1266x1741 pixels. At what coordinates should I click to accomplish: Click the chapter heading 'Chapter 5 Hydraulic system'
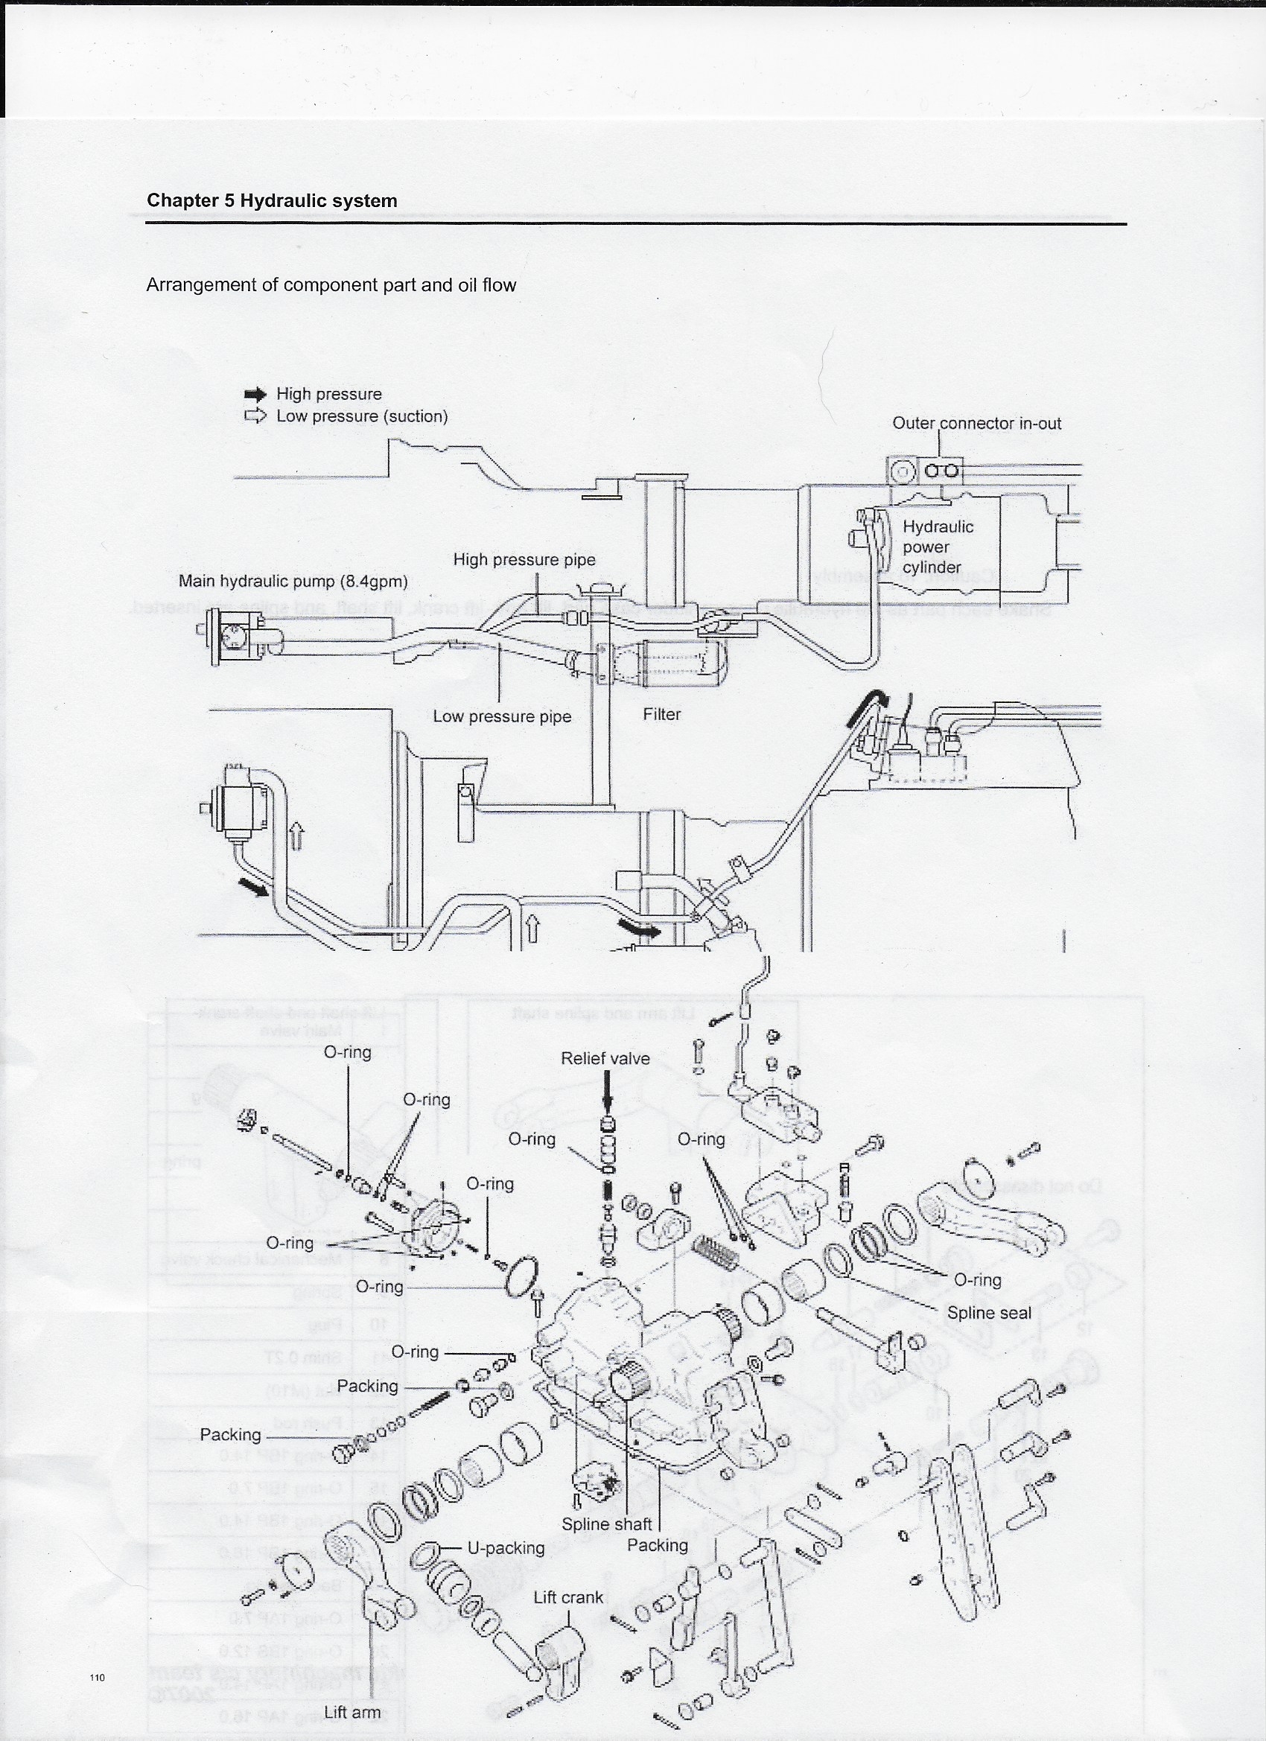[x=272, y=201]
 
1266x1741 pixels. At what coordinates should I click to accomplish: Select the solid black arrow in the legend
[x=255, y=395]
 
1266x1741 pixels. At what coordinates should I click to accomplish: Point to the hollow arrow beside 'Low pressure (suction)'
[x=255, y=416]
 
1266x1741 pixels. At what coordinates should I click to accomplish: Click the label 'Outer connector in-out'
[x=976, y=423]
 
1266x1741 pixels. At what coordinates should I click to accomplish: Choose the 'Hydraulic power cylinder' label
[x=937, y=547]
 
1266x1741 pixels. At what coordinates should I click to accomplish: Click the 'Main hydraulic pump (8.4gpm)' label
[x=293, y=581]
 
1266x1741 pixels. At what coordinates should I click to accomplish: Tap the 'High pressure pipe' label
[x=524, y=560]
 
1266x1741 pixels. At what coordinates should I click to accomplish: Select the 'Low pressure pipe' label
[x=502, y=716]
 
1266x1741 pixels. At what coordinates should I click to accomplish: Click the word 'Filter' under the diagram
[x=662, y=714]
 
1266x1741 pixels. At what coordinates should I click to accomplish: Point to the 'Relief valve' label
[x=605, y=1059]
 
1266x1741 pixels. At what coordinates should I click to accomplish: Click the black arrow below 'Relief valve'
[x=607, y=1096]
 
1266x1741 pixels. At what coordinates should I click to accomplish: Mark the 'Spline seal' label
[x=989, y=1313]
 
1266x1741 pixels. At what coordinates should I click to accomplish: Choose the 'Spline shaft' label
[x=606, y=1524]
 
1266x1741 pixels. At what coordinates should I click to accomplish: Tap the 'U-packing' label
[x=506, y=1548]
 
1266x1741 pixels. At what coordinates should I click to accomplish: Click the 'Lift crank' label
[x=568, y=1597]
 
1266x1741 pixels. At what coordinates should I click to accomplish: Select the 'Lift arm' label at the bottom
[x=352, y=1713]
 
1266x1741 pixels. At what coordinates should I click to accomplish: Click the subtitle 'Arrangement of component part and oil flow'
[x=331, y=284]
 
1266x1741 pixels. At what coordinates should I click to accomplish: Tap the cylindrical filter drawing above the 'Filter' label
[x=672, y=661]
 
